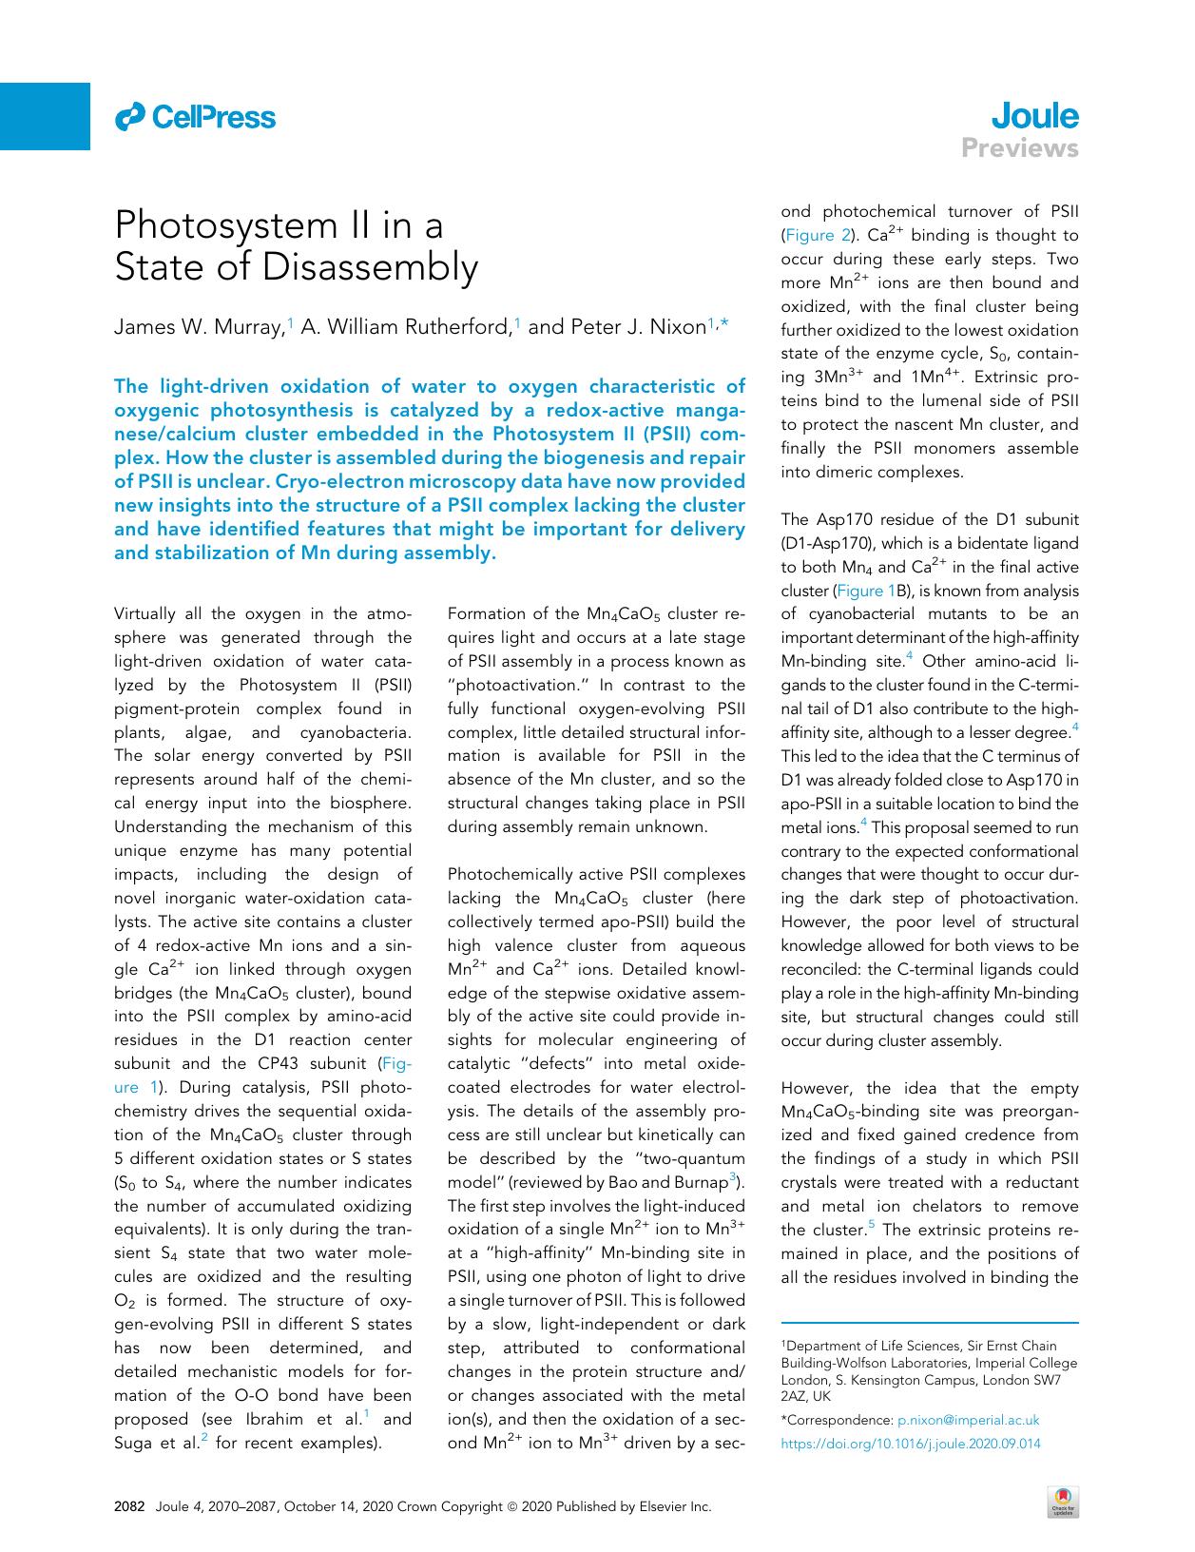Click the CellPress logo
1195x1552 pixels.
(195, 117)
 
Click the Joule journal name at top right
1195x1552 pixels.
(1034, 116)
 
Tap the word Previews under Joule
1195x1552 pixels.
(1019, 148)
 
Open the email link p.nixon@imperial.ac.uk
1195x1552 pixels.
(968, 1420)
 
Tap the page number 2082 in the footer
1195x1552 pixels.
(128, 1506)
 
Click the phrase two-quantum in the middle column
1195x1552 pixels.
(685, 1158)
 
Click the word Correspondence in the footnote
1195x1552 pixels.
(838, 1420)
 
